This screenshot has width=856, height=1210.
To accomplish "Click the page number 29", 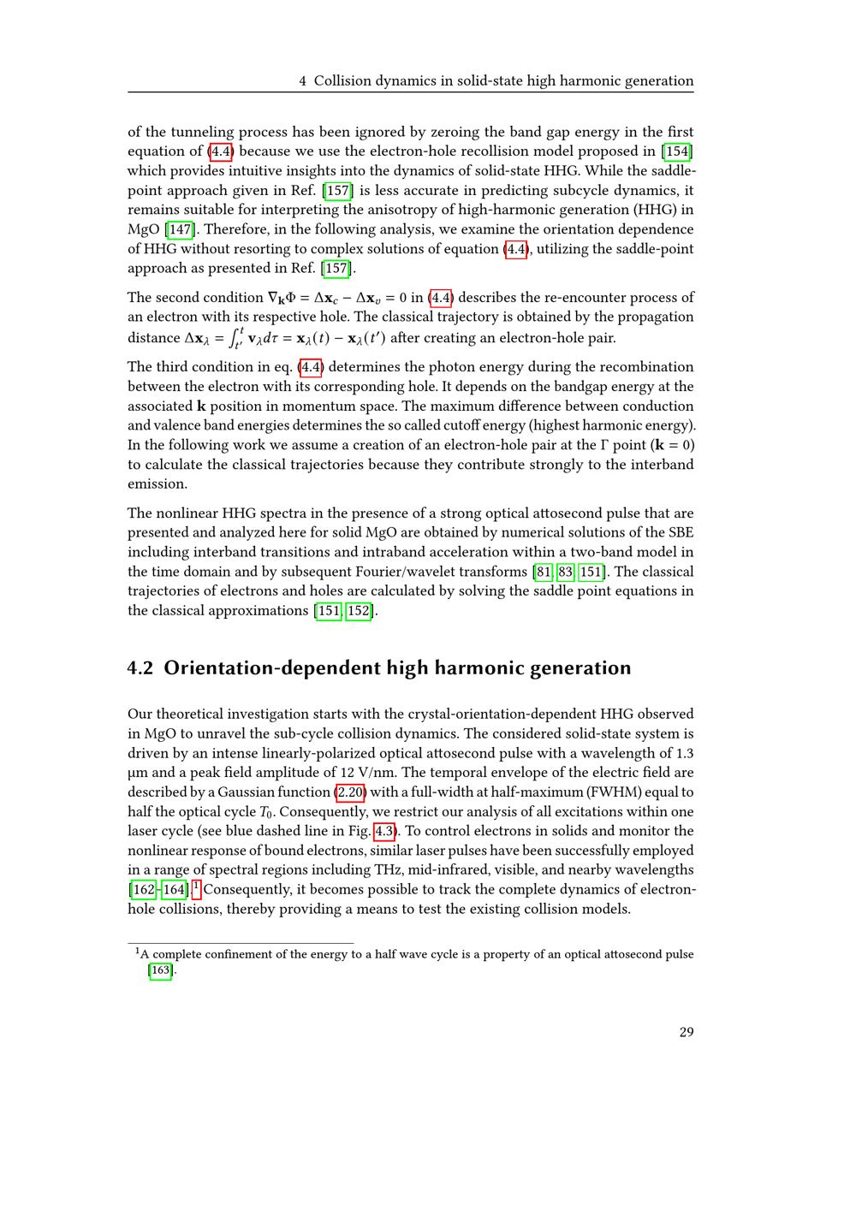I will tap(687, 1032).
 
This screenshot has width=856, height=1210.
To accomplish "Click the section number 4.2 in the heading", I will tap(140, 668).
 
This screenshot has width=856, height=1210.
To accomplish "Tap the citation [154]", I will tap(678, 151).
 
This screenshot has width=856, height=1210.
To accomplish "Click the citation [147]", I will tap(180, 229).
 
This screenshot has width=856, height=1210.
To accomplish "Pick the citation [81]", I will tap(543, 572).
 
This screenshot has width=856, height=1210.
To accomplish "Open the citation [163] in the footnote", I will tap(160, 970).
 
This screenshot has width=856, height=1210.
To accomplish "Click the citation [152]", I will tap(360, 611).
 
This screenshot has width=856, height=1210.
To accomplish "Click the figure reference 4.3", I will tap(384, 831).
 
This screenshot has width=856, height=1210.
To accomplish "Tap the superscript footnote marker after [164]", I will tap(196, 887).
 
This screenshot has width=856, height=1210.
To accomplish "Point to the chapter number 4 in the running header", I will tap(303, 81).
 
